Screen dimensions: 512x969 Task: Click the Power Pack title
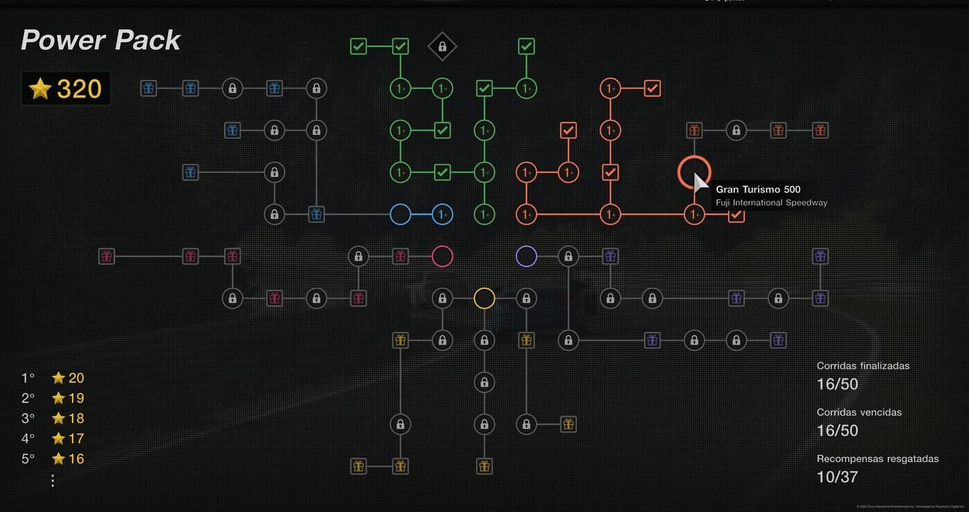click(x=101, y=41)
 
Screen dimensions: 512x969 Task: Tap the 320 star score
click(x=66, y=89)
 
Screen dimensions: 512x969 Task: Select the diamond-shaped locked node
click(x=442, y=47)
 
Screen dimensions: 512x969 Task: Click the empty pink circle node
click(x=442, y=257)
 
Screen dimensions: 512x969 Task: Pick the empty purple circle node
click(x=526, y=257)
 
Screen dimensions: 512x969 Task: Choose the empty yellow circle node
click(x=484, y=298)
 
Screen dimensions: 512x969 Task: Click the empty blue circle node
click(x=401, y=214)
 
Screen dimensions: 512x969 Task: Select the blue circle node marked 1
click(x=442, y=214)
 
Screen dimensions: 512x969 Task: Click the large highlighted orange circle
click(x=694, y=172)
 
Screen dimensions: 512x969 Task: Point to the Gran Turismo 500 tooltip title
click(x=758, y=190)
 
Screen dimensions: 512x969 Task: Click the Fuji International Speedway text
click(x=771, y=203)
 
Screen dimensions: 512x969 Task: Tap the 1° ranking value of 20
click(x=68, y=378)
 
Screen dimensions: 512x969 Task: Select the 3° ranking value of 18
click(x=68, y=418)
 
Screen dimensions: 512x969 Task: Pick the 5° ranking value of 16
click(x=68, y=459)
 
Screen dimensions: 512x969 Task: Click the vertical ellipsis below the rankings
click(x=53, y=480)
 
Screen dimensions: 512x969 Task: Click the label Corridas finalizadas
click(x=862, y=366)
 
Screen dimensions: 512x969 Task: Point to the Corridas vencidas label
click(x=858, y=412)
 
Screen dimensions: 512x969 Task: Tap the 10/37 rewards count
click(x=837, y=477)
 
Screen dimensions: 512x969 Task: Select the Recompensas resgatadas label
click(x=877, y=459)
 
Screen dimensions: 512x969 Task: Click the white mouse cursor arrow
click(x=700, y=183)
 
